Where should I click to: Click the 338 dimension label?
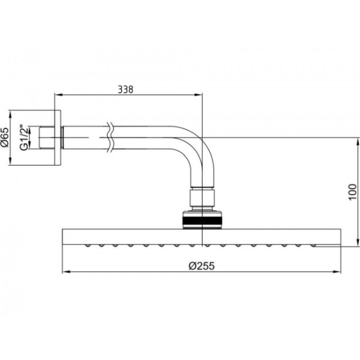pos(125,89)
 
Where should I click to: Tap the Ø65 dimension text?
pos(5,137)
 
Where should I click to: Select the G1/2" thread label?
pos(24,138)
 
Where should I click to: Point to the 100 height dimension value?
pos(353,192)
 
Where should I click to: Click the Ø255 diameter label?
pos(202,266)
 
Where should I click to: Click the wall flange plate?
pos(58,137)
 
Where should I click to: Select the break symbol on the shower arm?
pos(110,138)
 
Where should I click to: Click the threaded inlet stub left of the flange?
pos(47,137)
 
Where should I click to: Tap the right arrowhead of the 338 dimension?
pos(199,95)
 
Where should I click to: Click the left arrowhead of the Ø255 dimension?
pos(66,272)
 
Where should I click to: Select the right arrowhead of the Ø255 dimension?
pos(337,272)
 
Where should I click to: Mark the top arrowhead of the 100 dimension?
pos(358,142)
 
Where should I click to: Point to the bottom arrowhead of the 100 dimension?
pos(358,242)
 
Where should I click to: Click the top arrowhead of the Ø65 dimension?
pos(10,115)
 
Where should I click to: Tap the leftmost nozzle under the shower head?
pos(88,246)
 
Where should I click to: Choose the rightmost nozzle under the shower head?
pos(313,246)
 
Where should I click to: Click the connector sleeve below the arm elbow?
pos(202,197)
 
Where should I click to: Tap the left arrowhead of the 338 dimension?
pos(59,95)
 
